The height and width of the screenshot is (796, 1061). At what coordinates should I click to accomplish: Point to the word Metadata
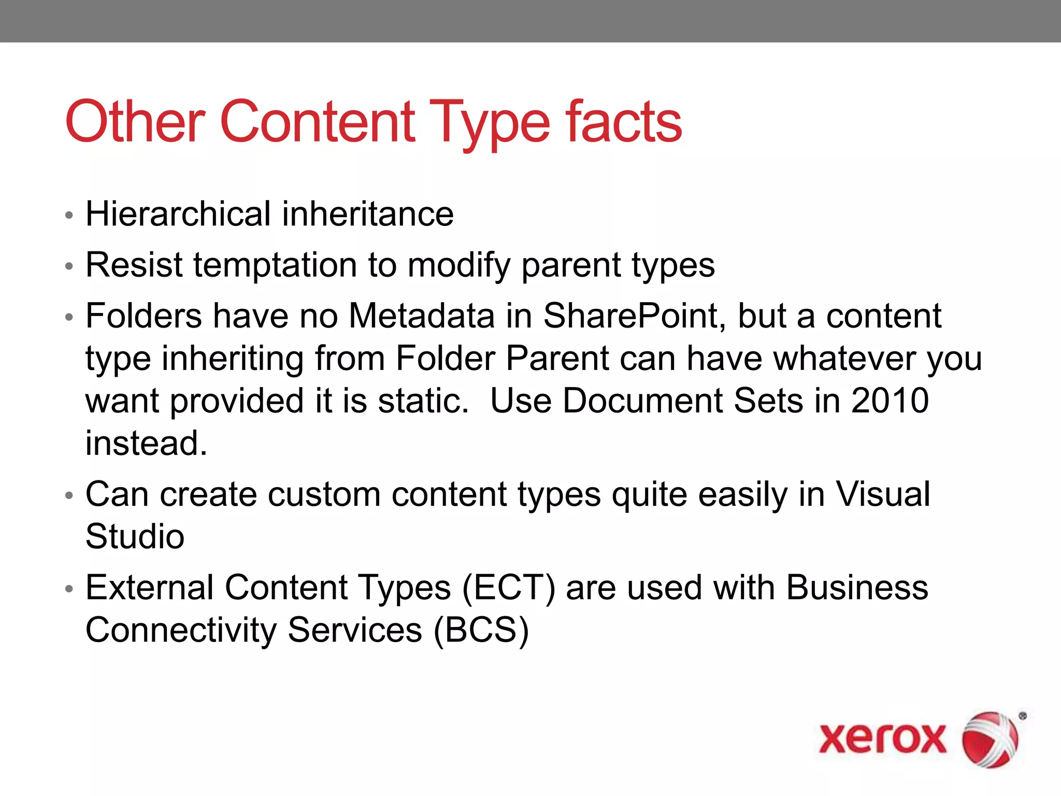pyautogui.click(x=421, y=316)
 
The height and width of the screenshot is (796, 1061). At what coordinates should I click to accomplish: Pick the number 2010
pyautogui.click(x=890, y=401)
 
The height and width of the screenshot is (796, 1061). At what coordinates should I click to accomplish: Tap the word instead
pyautogui.click(x=146, y=443)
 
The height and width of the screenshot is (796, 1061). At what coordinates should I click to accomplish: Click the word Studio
pyautogui.click(x=135, y=536)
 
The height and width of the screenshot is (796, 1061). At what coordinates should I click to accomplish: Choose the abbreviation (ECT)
pyautogui.click(x=508, y=588)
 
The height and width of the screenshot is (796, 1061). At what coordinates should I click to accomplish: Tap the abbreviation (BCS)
pyautogui.click(x=481, y=630)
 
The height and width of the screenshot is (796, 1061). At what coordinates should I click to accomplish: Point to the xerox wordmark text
pyautogui.click(x=882, y=738)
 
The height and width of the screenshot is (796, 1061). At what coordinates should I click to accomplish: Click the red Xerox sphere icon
pyautogui.click(x=990, y=739)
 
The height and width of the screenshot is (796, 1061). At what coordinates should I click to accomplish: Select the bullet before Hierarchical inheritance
pyautogui.click(x=69, y=216)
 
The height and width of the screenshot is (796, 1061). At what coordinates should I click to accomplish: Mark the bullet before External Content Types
pyautogui.click(x=69, y=589)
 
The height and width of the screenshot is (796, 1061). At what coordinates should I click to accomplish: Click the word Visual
pyautogui.click(x=883, y=494)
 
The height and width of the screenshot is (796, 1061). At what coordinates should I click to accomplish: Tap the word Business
pyautogui.click(x=857, y=588)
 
